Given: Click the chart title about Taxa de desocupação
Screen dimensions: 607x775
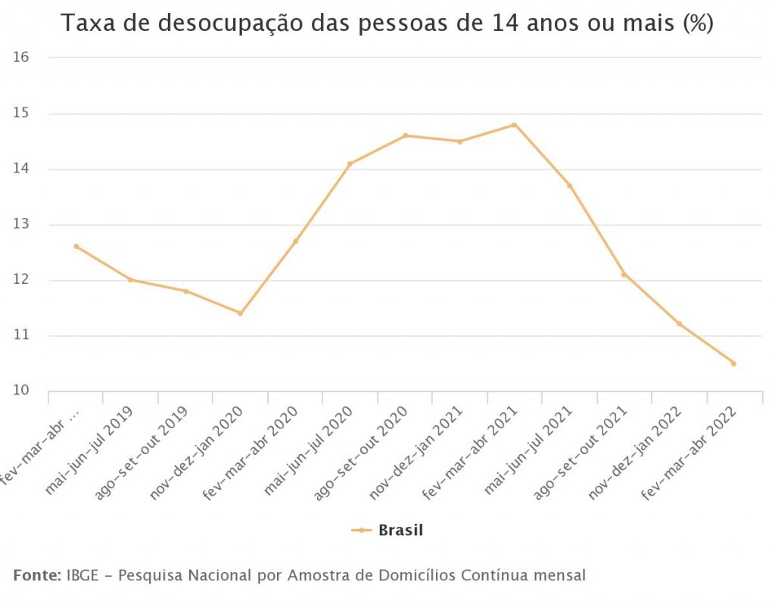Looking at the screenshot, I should click(387, 23).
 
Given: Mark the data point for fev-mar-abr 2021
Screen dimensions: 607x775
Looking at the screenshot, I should click(515, 125).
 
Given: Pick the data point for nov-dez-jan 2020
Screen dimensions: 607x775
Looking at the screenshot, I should click(240, 313).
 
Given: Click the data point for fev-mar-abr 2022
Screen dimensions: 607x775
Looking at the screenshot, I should click(733, 363).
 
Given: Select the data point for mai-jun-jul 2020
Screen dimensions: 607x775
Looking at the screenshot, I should click(350, 163).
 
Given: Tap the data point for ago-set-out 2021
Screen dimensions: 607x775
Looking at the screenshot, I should click(624, 274).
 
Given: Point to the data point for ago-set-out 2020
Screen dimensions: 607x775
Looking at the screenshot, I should click(405, 135).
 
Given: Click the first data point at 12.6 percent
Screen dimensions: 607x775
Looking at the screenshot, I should click(76, 246).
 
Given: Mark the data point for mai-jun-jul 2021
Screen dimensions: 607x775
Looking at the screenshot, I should click(569, 185).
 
